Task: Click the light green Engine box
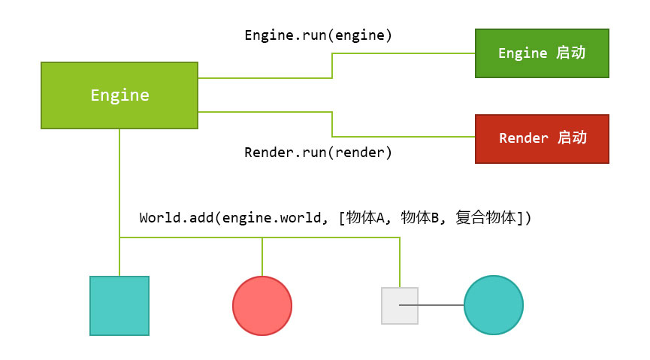119,95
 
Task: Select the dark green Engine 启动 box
542,53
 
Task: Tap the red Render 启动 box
542,138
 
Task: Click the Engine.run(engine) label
319,35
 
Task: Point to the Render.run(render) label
319,153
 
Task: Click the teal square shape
119,305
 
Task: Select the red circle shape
262,306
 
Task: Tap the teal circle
494,305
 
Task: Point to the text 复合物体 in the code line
487,218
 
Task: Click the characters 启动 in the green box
571,53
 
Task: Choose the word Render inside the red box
524,138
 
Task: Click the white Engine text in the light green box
119,95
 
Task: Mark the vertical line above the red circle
262,256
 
